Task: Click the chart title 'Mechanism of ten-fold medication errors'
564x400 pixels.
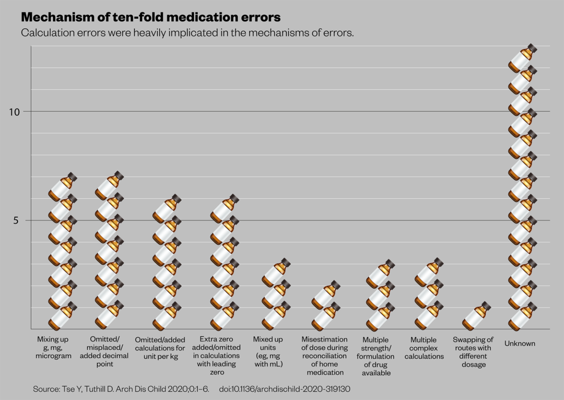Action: (150, 17)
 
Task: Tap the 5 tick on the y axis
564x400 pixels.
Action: (17, 220)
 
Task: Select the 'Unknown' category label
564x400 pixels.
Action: (519, 344)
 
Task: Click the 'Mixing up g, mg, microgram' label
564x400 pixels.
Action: (54, 348)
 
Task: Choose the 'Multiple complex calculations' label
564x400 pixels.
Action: (424, 348)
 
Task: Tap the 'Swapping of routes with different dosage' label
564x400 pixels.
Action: (473, 352)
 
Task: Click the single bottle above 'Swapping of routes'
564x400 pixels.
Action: (475, 316)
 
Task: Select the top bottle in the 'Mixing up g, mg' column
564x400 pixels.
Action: (62, 187)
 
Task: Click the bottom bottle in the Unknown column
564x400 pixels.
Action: (522, 316)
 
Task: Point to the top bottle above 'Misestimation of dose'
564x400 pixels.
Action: (326, 295)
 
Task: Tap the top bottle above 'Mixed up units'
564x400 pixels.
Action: (275, 273)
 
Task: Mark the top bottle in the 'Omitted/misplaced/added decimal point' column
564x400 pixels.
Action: (109, 186)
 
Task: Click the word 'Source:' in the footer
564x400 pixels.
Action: (48, 389)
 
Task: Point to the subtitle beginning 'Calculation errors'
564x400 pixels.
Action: (187, 33)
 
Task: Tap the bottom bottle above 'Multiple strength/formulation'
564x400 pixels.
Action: (381, 316)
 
